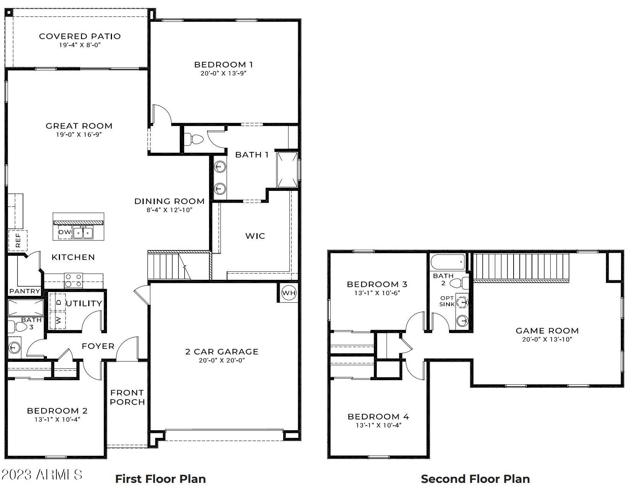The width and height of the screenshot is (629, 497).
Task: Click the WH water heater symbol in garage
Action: [289, 293]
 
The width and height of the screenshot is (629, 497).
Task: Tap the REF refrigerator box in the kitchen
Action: [18, 240]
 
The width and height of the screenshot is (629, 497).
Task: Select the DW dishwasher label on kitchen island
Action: [64, 232]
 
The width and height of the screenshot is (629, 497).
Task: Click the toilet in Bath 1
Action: [194, 139]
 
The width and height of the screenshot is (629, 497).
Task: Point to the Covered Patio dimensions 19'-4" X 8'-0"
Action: [80, 45]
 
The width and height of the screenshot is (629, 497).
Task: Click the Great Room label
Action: [79, 126]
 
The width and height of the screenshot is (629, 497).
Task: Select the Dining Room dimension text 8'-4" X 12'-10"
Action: [169, 210]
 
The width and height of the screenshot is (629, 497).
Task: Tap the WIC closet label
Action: [255, 236]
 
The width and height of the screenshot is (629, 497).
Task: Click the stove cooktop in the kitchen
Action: [73, 281]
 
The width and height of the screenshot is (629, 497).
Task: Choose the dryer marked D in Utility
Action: [58, 302]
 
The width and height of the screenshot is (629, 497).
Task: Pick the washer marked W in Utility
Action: [58, 320]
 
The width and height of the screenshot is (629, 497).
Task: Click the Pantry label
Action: [24, 291]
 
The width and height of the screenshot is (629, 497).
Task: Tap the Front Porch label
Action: [127, 397]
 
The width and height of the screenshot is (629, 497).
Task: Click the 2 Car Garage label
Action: [222, 352]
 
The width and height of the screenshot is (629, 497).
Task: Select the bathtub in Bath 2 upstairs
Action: [447, 262]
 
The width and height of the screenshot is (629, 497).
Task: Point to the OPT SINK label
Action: [447, 301]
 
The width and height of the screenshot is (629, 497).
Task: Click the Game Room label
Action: [547, 331]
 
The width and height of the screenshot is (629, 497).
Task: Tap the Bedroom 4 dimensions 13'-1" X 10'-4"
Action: [378, 425]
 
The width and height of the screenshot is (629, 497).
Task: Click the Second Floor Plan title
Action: [475, 479]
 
